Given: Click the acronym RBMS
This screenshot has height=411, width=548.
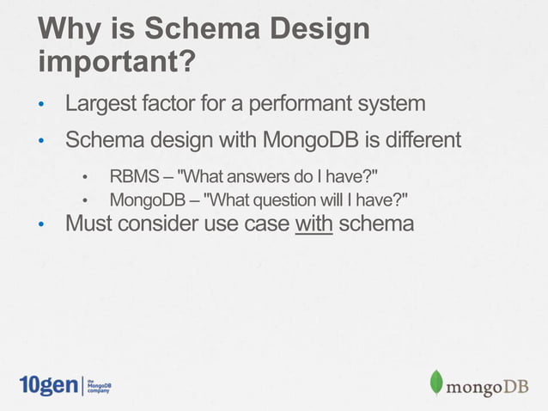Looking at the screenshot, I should (x=134, y=177).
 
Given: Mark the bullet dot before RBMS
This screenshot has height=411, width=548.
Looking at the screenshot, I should (x=85, y=179).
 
